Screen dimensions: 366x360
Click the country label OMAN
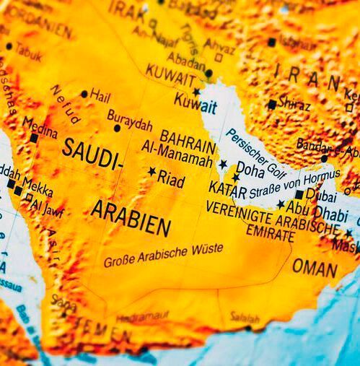point(315,268)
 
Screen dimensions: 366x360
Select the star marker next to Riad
point(152,172)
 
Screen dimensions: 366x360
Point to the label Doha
point(250,170)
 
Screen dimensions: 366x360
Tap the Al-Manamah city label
point(177,153)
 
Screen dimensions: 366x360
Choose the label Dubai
point(321,193)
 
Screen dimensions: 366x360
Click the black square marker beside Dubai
point(299,194)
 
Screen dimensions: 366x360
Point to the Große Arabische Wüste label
point(163,256)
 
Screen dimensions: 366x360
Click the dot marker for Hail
point(84,94)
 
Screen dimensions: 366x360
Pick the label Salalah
point(245,317)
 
